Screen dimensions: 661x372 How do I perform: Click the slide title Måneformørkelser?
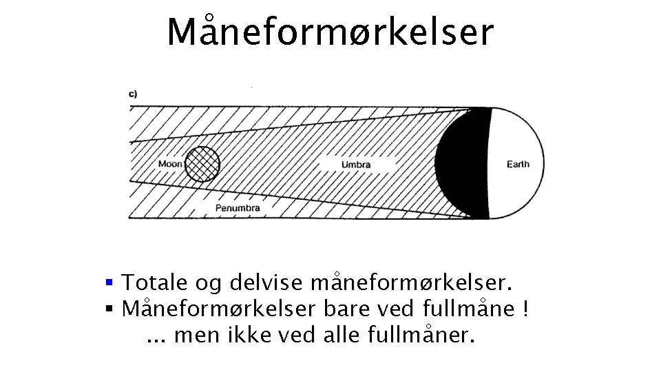330,32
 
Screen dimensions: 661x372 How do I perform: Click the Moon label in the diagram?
170,164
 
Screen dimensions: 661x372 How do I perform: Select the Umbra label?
356,165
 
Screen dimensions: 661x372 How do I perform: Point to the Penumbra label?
238,207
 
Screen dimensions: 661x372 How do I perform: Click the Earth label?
518,164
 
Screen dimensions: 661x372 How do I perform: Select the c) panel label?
133,94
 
